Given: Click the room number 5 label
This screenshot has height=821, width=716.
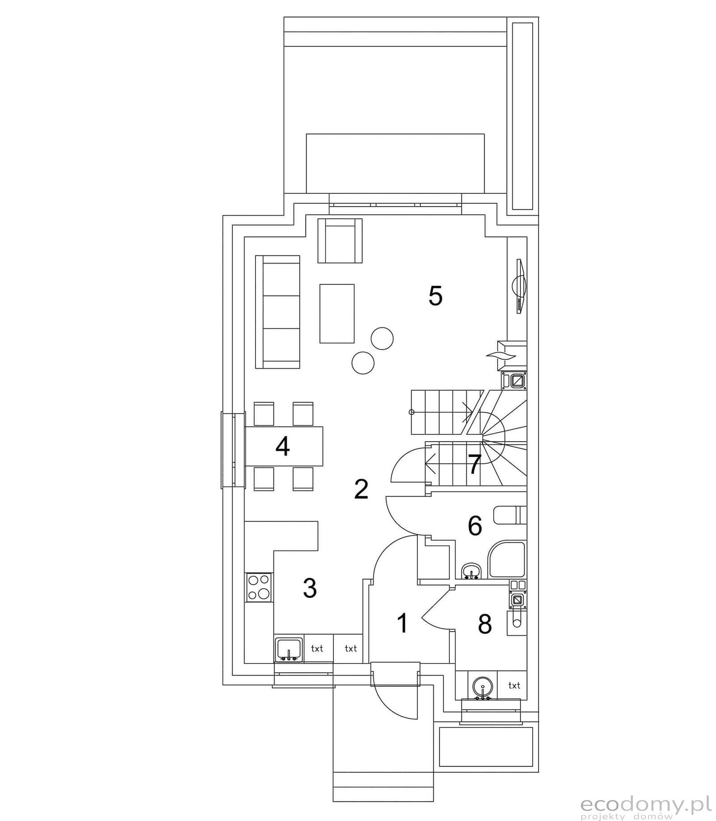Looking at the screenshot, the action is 435,296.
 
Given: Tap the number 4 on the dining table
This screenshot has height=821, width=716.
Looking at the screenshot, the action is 282,446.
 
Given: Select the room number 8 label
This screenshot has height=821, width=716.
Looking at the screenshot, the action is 485,624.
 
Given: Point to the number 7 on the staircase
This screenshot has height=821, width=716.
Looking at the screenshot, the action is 474,464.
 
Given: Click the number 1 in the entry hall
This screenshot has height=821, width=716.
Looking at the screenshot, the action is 403,623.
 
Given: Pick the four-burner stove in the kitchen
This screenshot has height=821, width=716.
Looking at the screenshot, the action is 259,587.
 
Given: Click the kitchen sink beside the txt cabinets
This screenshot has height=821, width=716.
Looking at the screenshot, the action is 289,649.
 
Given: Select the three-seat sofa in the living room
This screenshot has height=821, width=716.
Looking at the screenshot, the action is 277,312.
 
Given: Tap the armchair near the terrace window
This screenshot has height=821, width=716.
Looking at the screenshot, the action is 340,241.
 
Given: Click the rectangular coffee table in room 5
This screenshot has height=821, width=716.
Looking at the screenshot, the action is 337,313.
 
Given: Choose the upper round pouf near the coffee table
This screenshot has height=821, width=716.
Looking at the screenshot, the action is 382,338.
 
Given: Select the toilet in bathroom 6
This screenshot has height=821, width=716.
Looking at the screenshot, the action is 510,515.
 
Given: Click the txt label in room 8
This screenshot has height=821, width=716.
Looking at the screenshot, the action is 514,685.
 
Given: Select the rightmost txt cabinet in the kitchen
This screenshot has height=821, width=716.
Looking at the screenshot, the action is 351,648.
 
